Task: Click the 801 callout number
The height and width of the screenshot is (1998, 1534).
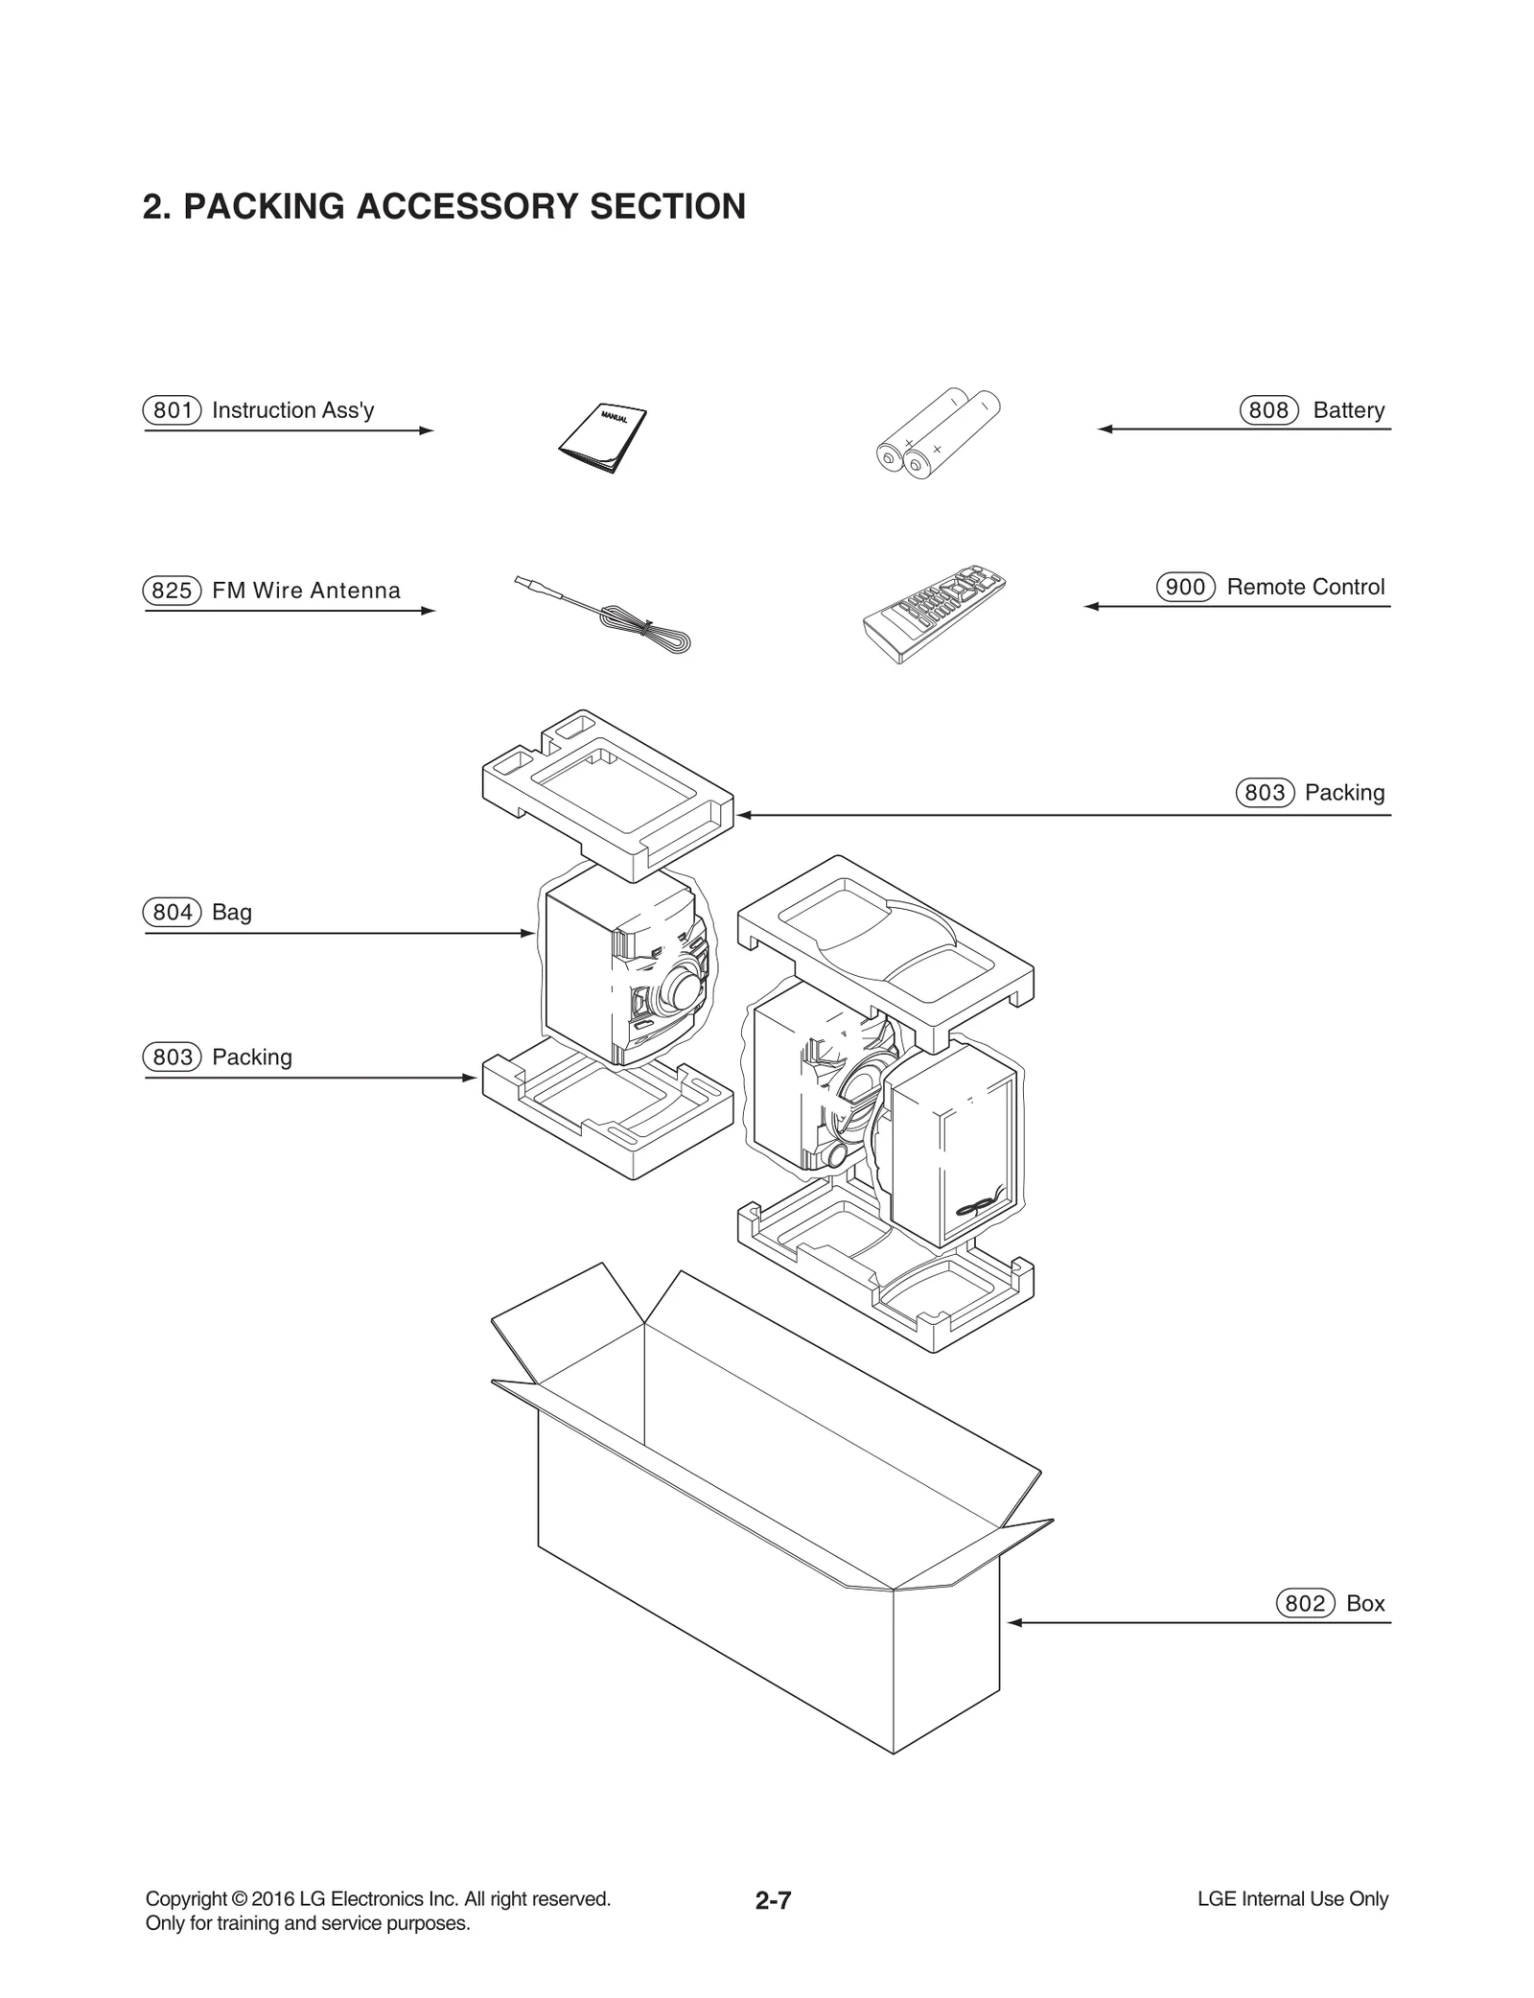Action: pyautogui.click(x=173, y=410)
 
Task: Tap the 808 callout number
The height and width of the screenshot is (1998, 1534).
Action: pyautogui.click(x=1268, y=410)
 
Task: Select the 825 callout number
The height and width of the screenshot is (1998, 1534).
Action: pyautogui.click(x=173, y=591)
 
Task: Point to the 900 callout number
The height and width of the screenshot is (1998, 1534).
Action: pyautogui.click(x=1186, y=587)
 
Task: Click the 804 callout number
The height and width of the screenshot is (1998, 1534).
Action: pyautogui.click(x=173, y=912)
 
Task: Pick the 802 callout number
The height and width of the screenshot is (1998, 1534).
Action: pyautogui.click(x=1306, y=1603)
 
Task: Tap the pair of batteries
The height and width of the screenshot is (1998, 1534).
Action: pyautogui.click(x=937, y=433)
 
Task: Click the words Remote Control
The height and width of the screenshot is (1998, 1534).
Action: pyautogui.click(x=1306, y=587)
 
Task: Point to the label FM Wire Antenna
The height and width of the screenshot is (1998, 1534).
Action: pyautogui.click(x=306, y=591)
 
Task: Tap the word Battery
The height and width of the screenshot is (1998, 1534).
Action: pyautogui.click(x=1349, y=410)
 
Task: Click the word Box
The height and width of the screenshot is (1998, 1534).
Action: pyautogui.click(x=1365, y=1603)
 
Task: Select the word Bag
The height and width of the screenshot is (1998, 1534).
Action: pyautogui.click(x=232, y=912)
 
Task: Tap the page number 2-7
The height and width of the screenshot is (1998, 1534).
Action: pyautogui.click(x=773, y=1900)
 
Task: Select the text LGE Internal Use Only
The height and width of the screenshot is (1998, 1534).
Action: pyautogui.click(x=1292, y=1898)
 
